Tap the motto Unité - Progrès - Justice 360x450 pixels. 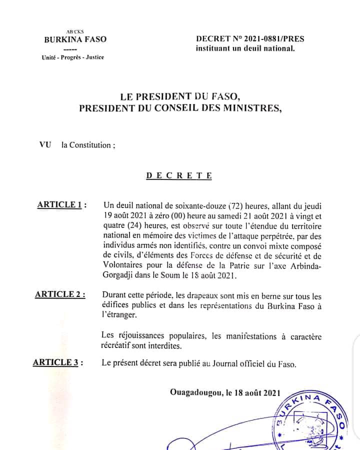[73, 57]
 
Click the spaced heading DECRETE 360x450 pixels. [179, 175]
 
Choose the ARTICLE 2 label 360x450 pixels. [60, 294]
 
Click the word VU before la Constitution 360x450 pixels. [45, 145]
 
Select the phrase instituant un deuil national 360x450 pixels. [245, 48]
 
